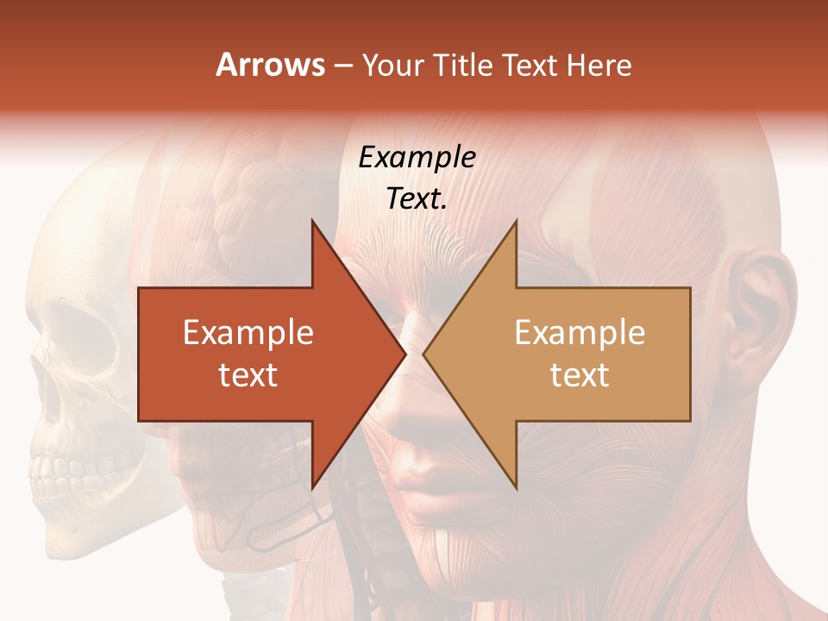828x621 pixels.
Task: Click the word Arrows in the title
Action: click(x=271, y=65)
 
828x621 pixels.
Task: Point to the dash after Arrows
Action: click(x=342, y=66)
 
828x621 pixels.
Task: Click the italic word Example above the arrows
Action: click(x=417, y=157)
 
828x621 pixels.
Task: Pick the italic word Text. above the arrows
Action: click(x=417, y=198)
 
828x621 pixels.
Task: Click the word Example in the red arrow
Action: click(x=248, y=332)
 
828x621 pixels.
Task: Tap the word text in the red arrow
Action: click(x=248, y=374)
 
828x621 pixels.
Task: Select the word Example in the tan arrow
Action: click(x=580, y=332)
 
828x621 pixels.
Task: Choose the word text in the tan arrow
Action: click(x=580, y=374)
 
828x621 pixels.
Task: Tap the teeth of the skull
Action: click(x=52, y=470)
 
